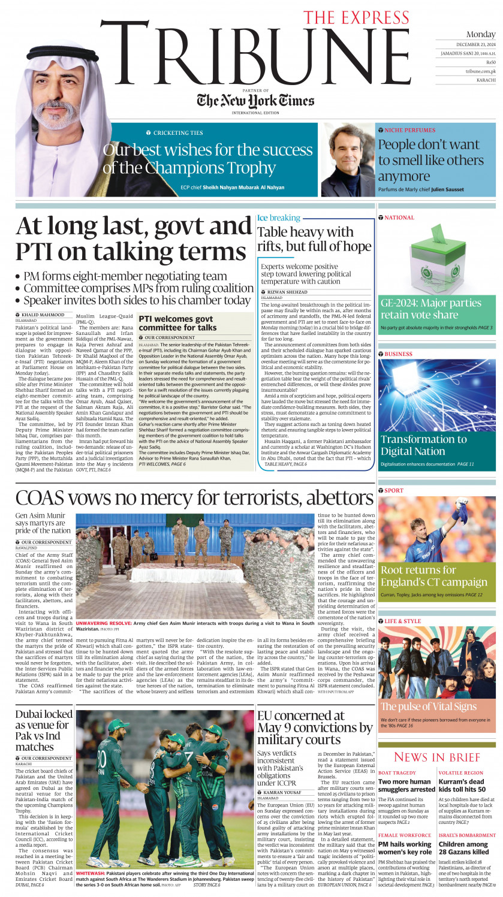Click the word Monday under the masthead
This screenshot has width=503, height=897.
481,34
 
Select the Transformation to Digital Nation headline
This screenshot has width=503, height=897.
423,445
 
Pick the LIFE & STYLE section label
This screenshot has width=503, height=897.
402,621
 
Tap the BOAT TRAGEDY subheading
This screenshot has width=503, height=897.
397,773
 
